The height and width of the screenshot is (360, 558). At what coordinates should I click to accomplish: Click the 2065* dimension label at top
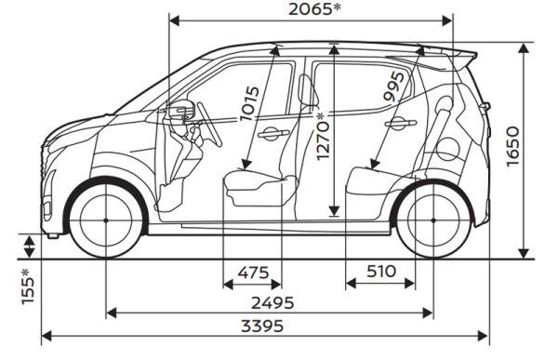coord(314,9)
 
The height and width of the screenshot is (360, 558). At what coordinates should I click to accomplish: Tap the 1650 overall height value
coord(512,146)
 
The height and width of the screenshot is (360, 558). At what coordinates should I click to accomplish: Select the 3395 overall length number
coord(262,326)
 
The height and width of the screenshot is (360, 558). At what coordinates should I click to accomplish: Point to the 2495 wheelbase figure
coord(272,303)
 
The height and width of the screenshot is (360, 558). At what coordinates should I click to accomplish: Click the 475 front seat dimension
coord(253,273)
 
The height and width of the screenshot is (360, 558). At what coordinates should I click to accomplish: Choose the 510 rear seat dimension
coord(381,272)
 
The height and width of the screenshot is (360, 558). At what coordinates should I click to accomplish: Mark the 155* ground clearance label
coord(28,287)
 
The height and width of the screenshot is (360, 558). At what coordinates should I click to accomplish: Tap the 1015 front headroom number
coord(249,104)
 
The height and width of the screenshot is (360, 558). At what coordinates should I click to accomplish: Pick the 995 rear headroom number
coord(394,87)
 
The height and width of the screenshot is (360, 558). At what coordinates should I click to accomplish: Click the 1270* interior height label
coord(323,136)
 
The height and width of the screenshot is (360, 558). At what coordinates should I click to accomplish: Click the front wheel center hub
coord(106,220)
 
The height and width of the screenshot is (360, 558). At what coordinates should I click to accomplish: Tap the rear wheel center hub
coord(433,220)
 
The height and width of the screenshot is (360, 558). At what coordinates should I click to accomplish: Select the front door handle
coord(273,133)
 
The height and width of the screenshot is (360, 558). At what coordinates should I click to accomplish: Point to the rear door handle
coord(400,123)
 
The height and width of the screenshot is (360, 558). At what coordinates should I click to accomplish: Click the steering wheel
coord(209,125)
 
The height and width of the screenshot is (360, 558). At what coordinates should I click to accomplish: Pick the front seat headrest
coord(306,89)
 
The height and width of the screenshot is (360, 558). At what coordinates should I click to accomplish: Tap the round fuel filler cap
coord(447,150)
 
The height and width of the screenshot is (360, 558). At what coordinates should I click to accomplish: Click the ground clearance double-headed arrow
coord(29,247)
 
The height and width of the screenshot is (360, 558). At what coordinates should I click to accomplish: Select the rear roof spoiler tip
coord(475,56)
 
